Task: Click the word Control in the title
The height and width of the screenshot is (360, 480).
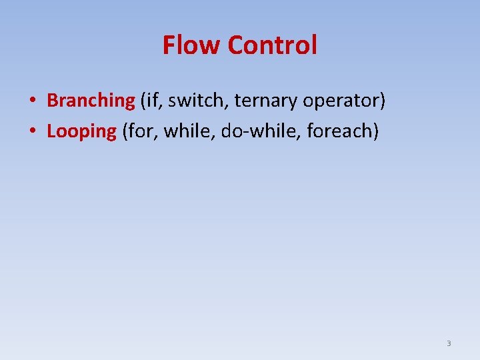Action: (272, 45)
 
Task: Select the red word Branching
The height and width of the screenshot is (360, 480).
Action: (91, 101)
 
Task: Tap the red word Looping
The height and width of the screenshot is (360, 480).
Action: (81, 131)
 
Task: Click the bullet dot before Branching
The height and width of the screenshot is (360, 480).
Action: (32, 101)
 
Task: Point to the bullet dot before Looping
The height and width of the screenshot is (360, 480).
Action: (32, 132)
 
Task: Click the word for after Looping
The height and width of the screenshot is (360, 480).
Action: (142, 131)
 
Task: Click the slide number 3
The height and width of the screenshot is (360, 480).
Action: (449, 343)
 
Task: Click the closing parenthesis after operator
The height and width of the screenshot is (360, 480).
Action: (383, 101)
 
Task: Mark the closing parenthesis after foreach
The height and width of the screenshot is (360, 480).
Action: (376, 132)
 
